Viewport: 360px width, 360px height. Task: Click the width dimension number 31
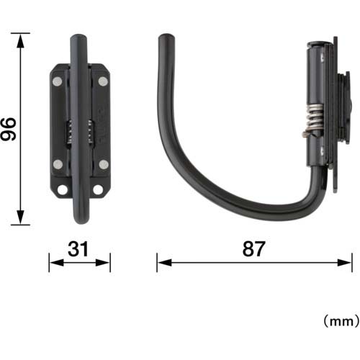[79, 249]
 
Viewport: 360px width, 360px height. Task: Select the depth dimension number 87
[254, 249]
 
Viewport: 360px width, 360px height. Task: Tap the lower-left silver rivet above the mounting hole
[58, 165]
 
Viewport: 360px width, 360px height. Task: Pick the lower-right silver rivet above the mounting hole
[102, 165]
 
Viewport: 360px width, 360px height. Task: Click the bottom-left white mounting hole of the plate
[62, 190]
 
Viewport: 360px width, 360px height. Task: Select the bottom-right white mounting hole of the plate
[99, 190]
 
